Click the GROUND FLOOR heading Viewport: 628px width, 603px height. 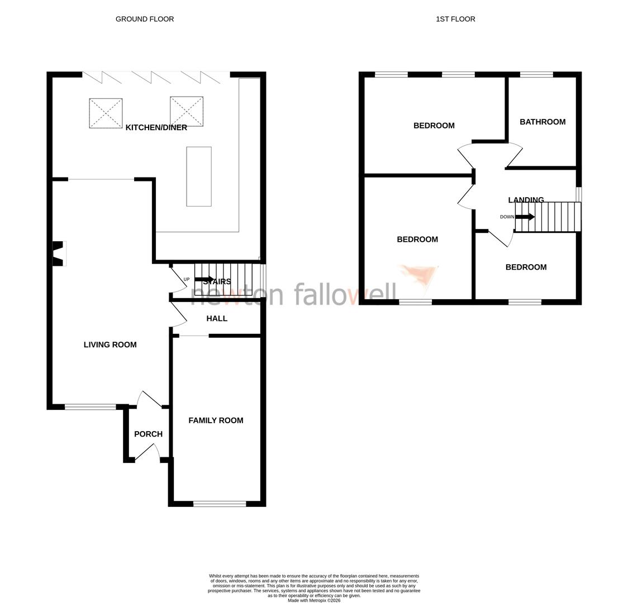coord(144,19)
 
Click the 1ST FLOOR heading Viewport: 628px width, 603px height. coord(455,19)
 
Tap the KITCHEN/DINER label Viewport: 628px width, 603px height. coord(156,128)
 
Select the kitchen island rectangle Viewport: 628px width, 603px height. coord(199,176)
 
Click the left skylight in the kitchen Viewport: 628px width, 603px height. coord(106,113)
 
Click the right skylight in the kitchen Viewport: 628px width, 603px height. coord(186,111)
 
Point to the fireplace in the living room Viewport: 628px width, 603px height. coord(59,253)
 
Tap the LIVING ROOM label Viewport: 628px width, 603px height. coord(110,345)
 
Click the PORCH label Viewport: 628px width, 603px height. coord(148,434)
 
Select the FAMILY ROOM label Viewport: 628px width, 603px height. coord(216,421)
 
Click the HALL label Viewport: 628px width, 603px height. coord(217,319)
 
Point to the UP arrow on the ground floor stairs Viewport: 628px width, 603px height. coord(204,279)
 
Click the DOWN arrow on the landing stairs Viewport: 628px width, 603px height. coord(525,217)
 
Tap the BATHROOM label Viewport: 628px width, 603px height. coord(542,122)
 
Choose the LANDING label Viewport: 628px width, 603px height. coord(526,200)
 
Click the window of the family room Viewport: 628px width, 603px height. coord(220,504)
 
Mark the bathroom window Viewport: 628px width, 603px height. coord(536,74)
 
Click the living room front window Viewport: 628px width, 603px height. coord(90,407)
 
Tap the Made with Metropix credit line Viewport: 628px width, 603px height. coord(313,601)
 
